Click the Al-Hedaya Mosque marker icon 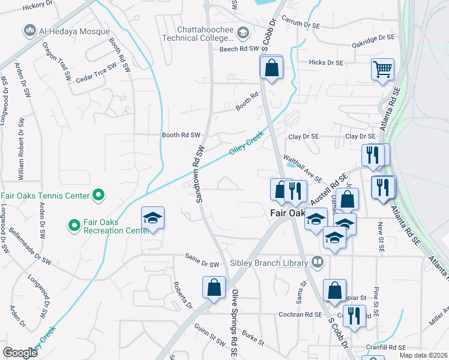29,30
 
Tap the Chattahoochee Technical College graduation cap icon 243,32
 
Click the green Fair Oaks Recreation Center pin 75,226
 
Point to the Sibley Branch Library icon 317,262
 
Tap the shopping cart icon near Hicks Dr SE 382,69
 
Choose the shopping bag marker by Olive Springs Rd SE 214,287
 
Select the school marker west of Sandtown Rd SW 152,217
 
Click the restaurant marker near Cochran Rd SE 354,315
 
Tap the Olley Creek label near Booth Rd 246,145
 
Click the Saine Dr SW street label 201,263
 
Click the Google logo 20,353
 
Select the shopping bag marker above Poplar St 334,291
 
